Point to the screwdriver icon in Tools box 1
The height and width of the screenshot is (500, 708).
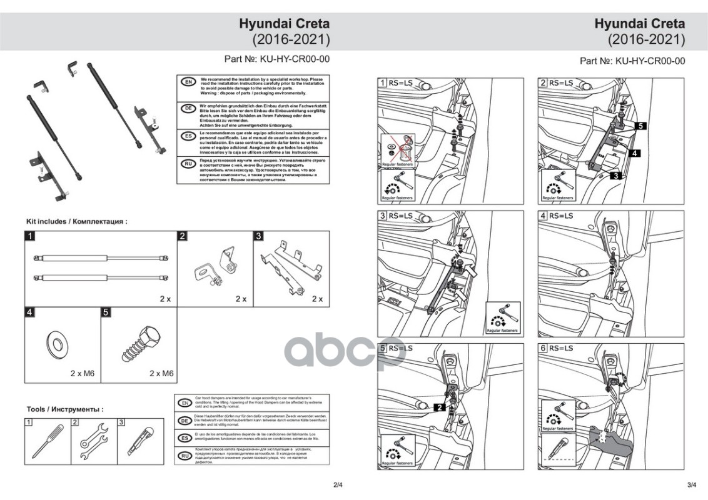coord(48,442)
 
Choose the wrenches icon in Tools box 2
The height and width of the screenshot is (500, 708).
coord(93,442)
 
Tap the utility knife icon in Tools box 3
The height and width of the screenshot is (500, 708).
coord(138,442)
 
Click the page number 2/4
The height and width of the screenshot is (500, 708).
coord(338,484)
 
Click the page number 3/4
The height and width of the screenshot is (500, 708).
coord(692,484)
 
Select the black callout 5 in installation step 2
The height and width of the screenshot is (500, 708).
coord(641,125)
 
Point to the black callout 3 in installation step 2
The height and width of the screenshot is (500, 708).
coord(615,176)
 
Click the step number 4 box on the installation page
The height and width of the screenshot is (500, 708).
coord(543,216)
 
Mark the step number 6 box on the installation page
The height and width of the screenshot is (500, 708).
coord(543,348)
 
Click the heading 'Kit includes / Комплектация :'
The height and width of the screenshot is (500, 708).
coord(77,221)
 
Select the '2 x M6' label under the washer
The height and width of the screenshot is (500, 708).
coord(81,373)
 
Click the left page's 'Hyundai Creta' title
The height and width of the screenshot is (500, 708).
coord(284,24)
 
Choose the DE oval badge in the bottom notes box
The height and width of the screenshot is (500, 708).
coord(185,421)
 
